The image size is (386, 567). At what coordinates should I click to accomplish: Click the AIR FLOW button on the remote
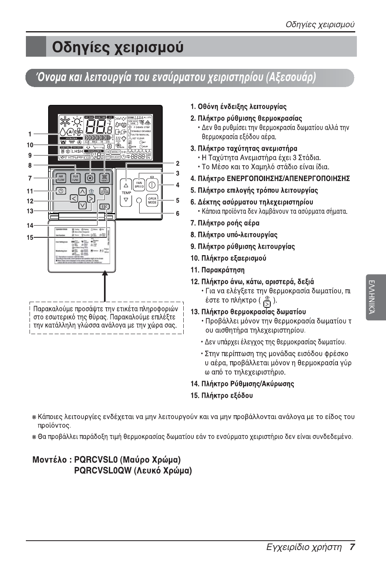pyautogui.click(x=61, y=178)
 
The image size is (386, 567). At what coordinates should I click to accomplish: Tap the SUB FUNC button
pyautogui.click(x=75, y=178)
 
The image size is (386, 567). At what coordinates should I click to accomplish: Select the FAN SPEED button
pyautogui.click(x=139, y=185)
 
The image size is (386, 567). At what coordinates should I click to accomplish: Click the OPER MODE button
pyautogui.click(x=152, y=200)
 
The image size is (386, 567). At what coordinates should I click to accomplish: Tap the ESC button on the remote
pyautogui.click(x=104, y=207)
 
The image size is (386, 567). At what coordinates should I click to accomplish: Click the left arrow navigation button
pyautogui.click(x=74, y=198)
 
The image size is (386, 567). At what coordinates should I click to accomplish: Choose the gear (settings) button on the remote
pyautogui.click(x=90, y=178)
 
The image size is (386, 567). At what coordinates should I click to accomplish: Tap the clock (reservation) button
pyautogui.click(x=61, y=191)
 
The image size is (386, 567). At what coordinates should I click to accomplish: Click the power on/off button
pyautogui.click(x=152, y=185)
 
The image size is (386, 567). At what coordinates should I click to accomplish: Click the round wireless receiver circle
pyautogui.click(x=139, y=200)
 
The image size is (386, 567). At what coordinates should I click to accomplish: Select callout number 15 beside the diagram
pyautogui.click(x=30, y=238)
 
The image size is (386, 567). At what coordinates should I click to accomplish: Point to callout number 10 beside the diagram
pyautogui.click(x=30, y=145)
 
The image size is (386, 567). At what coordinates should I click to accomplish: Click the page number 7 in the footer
pyautogui.click(x=352, y=547)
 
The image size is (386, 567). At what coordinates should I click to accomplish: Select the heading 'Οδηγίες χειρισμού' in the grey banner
pyautogui.click(x=118, y=47)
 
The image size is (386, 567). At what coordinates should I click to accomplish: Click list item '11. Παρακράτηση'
pyautogui.click(x=217, y=270)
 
